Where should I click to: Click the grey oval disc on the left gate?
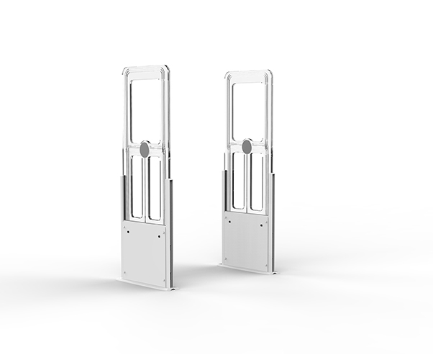coord(144,150)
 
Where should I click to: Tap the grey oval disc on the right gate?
coord(247,147)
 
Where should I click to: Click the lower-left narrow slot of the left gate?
coord(137,187)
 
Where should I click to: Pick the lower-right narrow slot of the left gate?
coord(154,189)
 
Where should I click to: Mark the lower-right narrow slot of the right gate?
coord(255,182)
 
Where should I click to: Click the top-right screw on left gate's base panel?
coord(164,233)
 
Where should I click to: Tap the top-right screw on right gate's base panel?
coord(264,221)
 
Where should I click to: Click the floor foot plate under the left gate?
coord(144,284)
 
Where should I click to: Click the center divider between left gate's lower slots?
coord(145,189)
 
